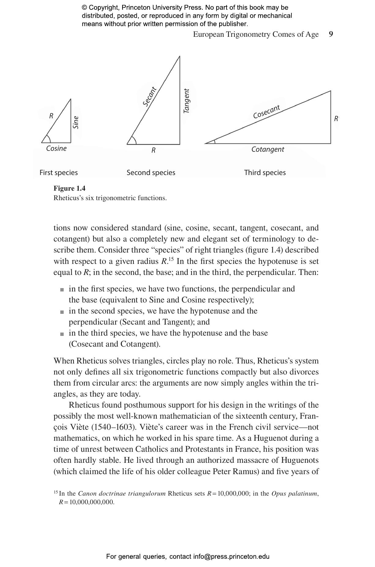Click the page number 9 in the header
(x=331, y=34)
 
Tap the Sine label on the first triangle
(x=76, y=122)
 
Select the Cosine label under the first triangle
(x=56, y=149)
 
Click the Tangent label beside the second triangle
(x=186, y=101)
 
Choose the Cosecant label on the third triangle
(x=266, y=112)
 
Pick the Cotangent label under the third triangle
(x=268, y=150)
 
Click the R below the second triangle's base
(x=153, y=150)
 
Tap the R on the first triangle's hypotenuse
(x=51, y=116)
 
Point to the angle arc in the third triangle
(x=214, y=141)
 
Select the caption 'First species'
(x=58, y=173)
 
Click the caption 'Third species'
(x=265, y=173)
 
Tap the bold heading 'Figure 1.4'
(x=69, y=188)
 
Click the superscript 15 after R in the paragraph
(x=172, y=259)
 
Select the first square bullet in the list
(x=62, y=289)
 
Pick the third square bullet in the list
(x=62, y=333)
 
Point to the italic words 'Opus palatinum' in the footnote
(x=294, y=494)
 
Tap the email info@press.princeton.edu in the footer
(x=231, y=557)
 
